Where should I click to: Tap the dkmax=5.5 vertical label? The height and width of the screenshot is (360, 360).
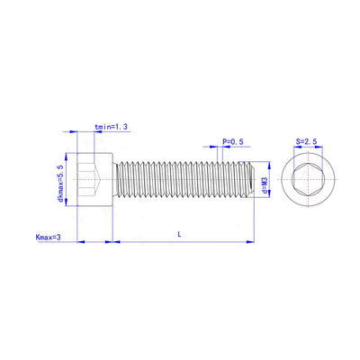pos(60,183)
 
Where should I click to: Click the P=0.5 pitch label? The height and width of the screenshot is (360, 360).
pos(232,142)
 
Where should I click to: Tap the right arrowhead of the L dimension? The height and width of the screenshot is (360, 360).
pos(252,241)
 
